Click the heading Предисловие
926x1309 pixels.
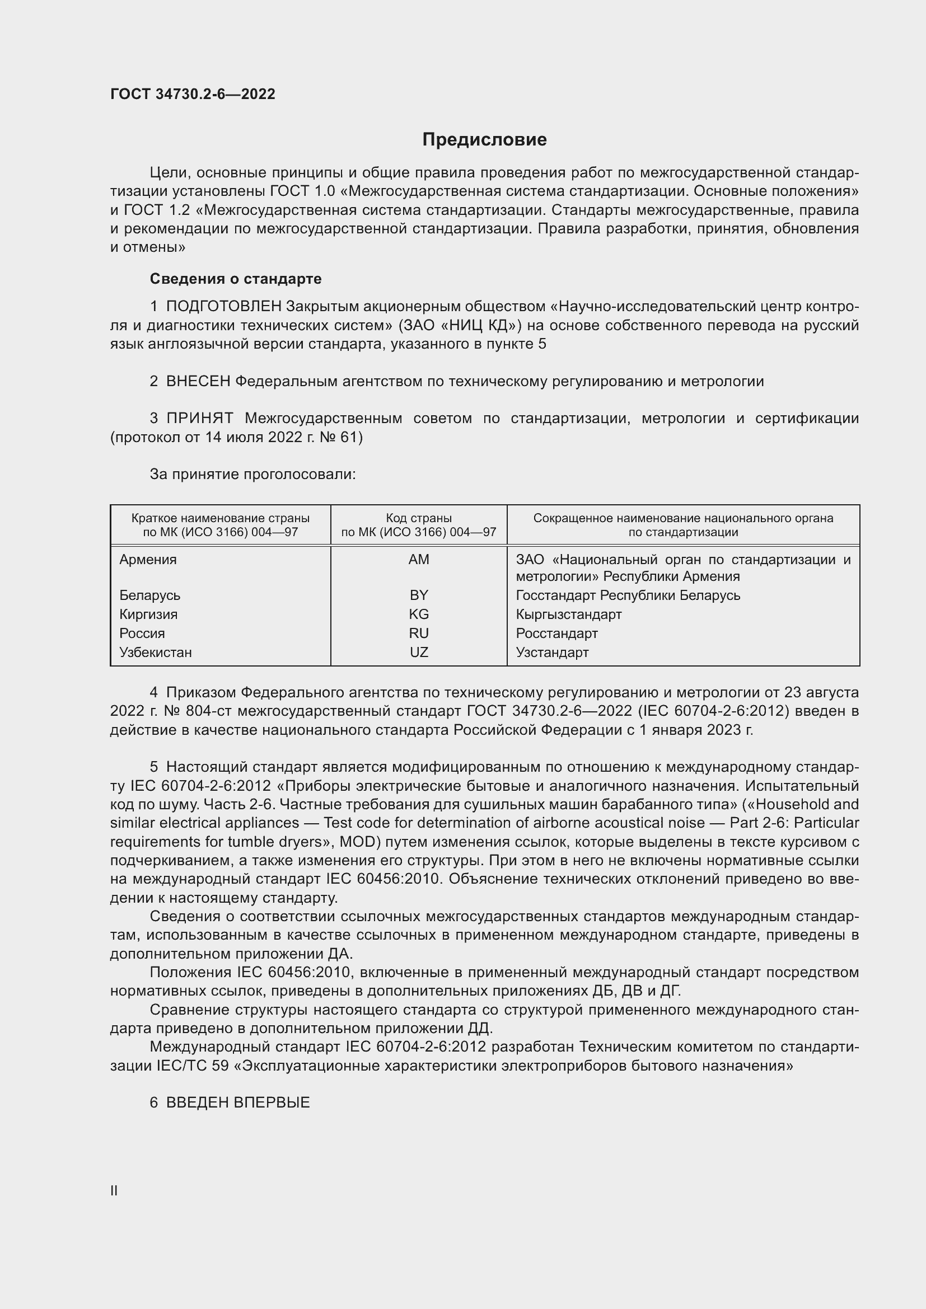point(484,140)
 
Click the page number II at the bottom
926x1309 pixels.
point(114,1190)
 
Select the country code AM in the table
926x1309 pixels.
point(419,559)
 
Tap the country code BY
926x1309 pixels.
point(419,595)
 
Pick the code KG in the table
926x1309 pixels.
point(419,614)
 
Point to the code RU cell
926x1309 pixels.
point(419,633)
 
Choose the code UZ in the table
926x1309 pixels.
point(419,651)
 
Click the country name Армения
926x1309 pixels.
point(148,559)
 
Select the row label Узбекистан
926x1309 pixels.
point(155,651)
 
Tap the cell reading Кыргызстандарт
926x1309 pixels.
point(568,614)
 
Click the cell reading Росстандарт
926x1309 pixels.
point(556,633)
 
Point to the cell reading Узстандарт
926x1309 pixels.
point(552,651)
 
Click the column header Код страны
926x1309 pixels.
point(419,518)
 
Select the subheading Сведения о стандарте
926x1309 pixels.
point(236,279)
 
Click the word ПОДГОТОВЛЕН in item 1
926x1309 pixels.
point(223,307)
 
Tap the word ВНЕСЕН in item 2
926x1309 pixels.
point(198,382)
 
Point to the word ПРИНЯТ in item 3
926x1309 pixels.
point(199,419)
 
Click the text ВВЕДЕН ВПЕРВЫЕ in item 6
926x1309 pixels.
point(238,1102)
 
